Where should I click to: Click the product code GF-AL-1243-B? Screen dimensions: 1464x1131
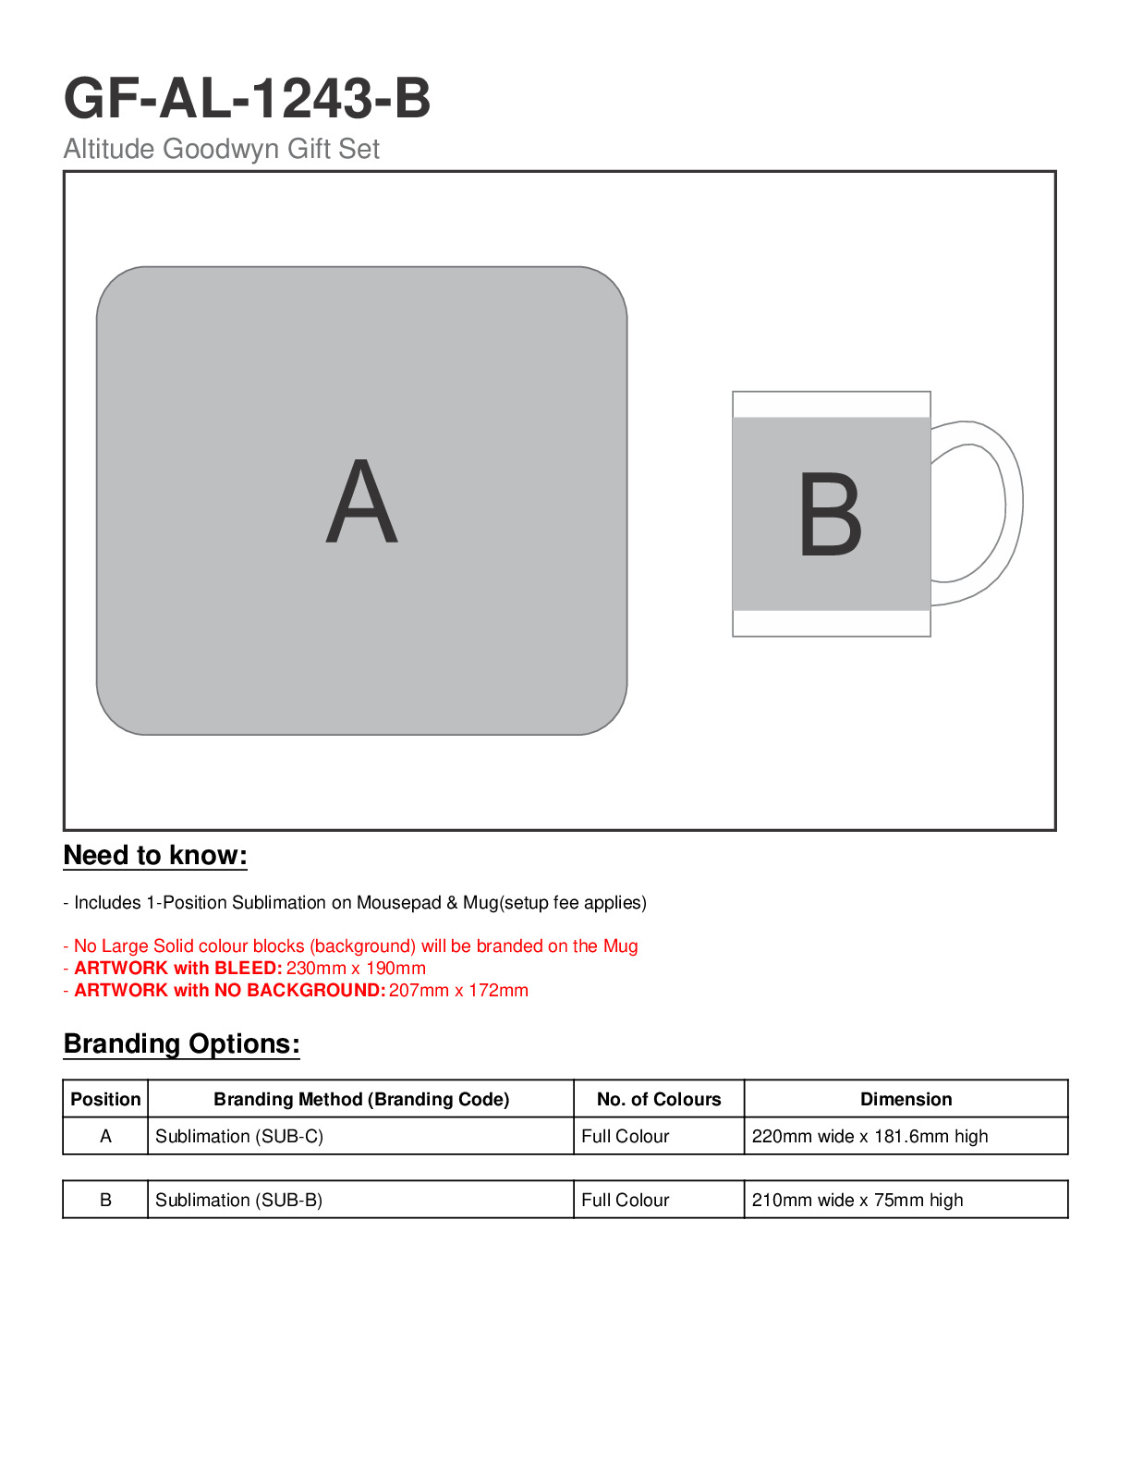[247, 98]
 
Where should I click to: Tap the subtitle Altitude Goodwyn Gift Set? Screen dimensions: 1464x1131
[221, 149]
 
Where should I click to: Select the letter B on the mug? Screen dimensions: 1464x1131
[830, 515]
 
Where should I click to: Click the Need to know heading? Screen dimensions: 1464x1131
[155, 856]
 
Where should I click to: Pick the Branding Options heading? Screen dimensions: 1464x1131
[181, 1044]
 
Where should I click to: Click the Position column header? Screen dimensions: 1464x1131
[105, 1099]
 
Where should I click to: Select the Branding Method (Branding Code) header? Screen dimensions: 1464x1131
[361, 1099]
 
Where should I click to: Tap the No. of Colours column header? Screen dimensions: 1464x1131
[659, 1099]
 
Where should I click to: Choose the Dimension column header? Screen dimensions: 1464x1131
[906, 1099]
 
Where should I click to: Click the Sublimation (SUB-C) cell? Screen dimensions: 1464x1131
[239, 1136]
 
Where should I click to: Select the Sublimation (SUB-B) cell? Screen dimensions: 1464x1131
[238, 1200]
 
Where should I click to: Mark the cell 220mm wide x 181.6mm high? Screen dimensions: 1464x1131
[870, 1136]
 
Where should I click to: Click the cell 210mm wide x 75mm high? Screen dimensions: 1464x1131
[857, 1200]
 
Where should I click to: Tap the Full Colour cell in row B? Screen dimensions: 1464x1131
[625, 1200]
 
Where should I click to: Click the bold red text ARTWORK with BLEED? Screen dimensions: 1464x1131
[177, 969]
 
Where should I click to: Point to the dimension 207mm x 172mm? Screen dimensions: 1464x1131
[458, 991]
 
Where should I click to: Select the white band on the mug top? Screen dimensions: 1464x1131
[831, 405]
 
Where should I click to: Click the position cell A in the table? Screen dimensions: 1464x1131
[105, 1136]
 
